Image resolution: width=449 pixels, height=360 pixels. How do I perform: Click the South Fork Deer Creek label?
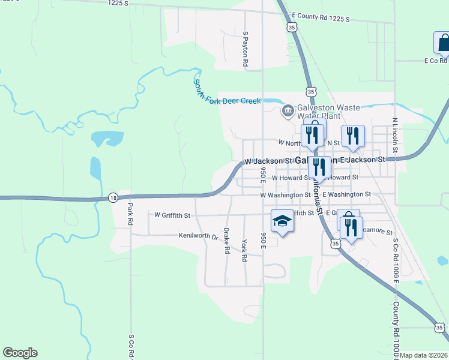[x=227, y=92]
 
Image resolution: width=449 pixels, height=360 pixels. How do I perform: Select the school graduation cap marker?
[x=281, y=221]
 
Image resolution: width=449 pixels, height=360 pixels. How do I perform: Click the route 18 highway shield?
[x=113, y=197]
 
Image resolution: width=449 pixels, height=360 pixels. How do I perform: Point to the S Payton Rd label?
[x=246, y=49]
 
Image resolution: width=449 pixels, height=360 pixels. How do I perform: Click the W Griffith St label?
[x=172, y=215]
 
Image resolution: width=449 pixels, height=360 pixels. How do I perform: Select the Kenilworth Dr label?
[x=197, y=236]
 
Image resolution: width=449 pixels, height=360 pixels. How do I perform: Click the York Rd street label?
[x=244, y=251]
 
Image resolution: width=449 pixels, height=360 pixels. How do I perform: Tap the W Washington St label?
[x=285, y=195]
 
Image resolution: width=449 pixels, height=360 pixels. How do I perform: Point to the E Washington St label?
[x=347, y=195]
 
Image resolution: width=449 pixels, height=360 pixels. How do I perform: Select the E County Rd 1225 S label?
[x=321, y=17]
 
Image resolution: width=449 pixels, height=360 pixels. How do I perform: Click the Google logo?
[x=20, y=353]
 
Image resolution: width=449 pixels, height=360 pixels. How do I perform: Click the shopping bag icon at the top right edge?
[x=442, y=43]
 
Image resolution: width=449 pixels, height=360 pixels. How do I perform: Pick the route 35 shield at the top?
[x=292, y=27]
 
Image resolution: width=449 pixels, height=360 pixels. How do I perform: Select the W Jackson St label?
[x=268, y=161]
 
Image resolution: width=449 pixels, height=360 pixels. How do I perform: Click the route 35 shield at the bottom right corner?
[x=439, y=327]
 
